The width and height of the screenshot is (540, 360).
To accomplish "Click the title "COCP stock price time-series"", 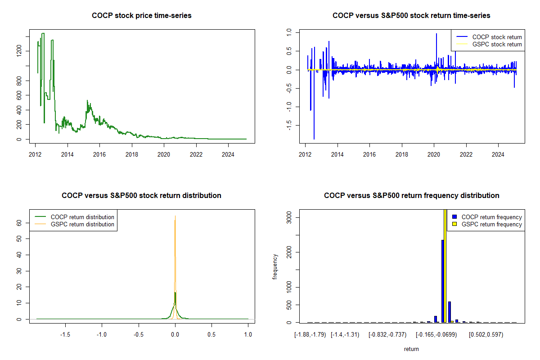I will [141, 16].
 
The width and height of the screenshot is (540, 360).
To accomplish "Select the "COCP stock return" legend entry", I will [497, 37].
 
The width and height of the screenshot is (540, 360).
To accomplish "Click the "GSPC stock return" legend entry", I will [497, 45].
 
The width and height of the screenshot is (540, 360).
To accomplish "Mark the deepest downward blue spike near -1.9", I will [314, 139].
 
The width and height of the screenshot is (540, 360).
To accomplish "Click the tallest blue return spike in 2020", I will [436, 34].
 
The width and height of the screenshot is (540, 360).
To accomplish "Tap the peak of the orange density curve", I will [175, 217].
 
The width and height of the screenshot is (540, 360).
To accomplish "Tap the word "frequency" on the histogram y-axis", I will [275, 266].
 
